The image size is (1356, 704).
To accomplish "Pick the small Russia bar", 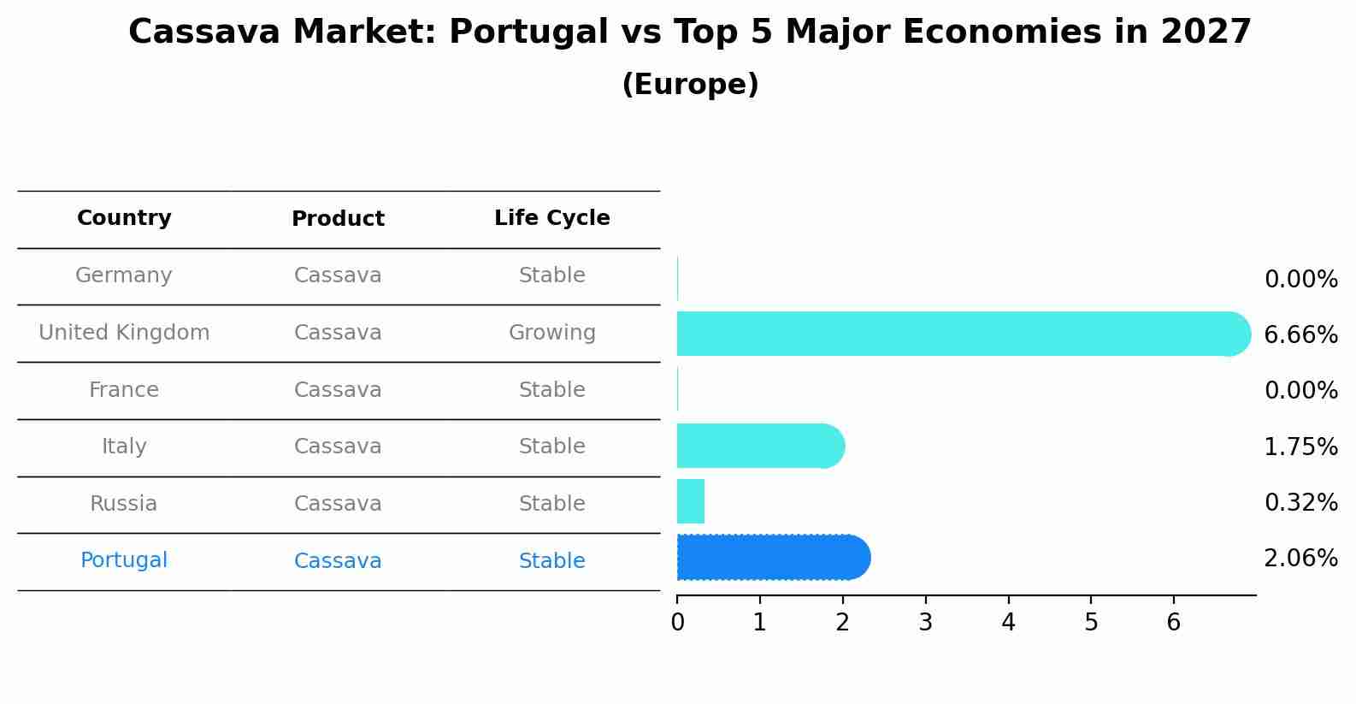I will [691, 501].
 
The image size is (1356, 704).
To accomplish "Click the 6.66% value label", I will [1300, 334].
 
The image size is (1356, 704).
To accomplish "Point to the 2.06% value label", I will [1300, 559].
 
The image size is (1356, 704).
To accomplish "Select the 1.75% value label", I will [1300, 447].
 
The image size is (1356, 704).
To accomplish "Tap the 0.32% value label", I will [1300, 502].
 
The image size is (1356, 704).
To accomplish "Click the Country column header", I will [124, 218].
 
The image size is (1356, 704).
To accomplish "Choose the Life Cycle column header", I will [551, 218].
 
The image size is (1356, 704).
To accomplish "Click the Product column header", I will [338, 219].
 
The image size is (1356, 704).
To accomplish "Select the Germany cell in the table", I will [124, 275].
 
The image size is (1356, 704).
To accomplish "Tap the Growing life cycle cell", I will [551, 333].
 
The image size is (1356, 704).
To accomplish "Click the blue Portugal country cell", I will [124, 560].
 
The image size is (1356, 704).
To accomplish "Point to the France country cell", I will [124, 390].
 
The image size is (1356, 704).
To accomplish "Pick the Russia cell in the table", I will [124, 504].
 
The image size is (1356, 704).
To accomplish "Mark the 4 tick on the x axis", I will [1008, 623].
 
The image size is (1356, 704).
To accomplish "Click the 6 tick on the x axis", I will [1173, 623].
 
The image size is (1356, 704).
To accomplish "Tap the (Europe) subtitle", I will [690, 85].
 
